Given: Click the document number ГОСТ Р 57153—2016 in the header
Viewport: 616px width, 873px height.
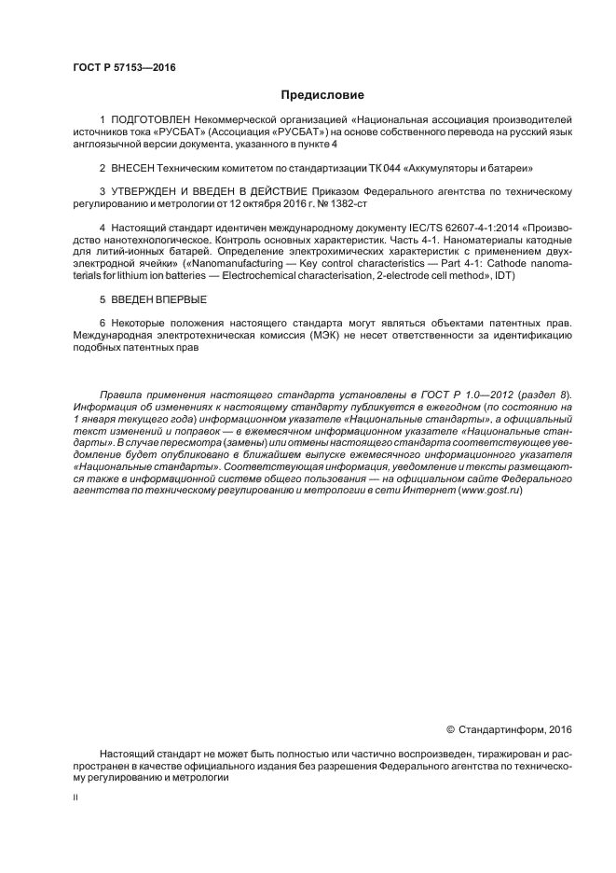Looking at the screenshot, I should pos(124,68).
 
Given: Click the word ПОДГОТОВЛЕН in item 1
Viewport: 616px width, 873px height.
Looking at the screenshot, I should pos(150,121).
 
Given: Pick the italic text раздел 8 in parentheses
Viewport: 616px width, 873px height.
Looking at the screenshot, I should pos(551,395).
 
